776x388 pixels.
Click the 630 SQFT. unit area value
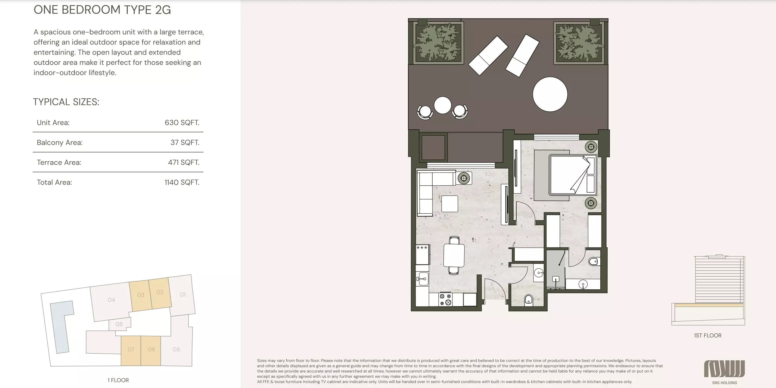click(x=182, y=123)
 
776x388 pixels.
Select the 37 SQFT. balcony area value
click(x=185, y=142)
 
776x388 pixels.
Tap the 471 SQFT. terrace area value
click(x=184, y=162)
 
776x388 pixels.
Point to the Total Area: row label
click(x=54, y=182)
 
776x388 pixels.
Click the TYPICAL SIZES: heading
click(x=66, y=102)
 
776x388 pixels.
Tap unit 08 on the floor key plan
click(x=119, y=324)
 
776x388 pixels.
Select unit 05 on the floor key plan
click(x=176, y=349)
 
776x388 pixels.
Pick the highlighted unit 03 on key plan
click(x=140, y=295)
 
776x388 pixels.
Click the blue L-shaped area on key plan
click(x=61, y=325)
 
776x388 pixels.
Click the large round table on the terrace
click(x=550, y=94)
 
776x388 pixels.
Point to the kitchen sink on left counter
click(x=423, y=279)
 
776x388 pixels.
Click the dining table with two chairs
click(x=454, y=255)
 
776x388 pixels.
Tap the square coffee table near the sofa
click(x=449, y=204)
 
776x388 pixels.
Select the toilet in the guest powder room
click(x=528, y=299)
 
